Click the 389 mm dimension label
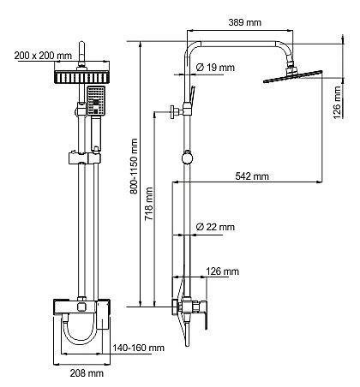click(x=245, y=22)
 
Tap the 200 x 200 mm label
click(x=43, y=56)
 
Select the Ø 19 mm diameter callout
click(x=215, y=68)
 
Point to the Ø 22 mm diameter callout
click(x=215, y=227)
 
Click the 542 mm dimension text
click(x=252, y=176)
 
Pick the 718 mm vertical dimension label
click(x=149, y=204)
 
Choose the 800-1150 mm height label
click(x=134, y=166)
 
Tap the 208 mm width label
click(x=87, y=373)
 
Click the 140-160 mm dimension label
click(x=138, y=348)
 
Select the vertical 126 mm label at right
click(x=338, y=103)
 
